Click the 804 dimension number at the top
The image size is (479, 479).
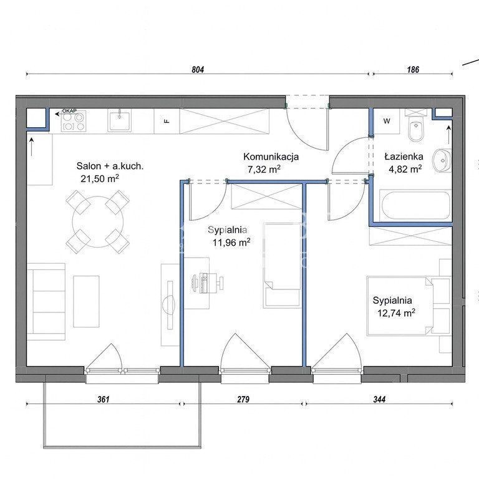coord(198,70)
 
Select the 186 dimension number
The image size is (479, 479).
coord(413,70)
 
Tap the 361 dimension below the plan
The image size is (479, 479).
coord(104,399)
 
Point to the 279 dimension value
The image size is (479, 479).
coord(243,399)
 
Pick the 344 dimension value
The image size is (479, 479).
coord(379,399)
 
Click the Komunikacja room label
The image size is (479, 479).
coord(271,157)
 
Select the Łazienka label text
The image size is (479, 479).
coord(404,157)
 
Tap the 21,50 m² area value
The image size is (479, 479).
coord(100,179)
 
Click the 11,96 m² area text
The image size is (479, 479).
coord(231,243)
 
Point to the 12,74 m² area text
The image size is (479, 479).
coord(396,313)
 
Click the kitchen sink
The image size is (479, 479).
coord(120,121)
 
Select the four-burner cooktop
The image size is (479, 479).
coord(74,122)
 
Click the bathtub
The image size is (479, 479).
coord(415,205)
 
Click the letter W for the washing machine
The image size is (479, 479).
coord(387,121)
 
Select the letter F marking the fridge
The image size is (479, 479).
coord(167,121)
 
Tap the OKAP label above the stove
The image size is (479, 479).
coord(69,110)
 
